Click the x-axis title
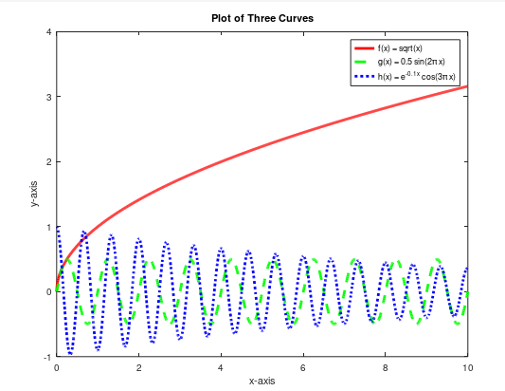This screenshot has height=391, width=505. [x=262, y=381]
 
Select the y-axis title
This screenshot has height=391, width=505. [x=33, y=194]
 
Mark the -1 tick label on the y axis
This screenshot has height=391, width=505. [x=45, y=357]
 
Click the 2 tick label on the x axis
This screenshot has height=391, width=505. [x=139, y=366]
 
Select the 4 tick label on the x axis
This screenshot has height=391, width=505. [x=221, y=366]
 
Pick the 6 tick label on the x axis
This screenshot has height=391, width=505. [x=303, y=366]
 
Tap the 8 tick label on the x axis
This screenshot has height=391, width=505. [x=385, y=366]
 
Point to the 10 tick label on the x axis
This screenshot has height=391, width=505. [x=466, y=366]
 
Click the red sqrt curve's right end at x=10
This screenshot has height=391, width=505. [x=467, y=86]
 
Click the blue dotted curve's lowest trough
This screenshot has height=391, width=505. [x=70, y=352]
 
